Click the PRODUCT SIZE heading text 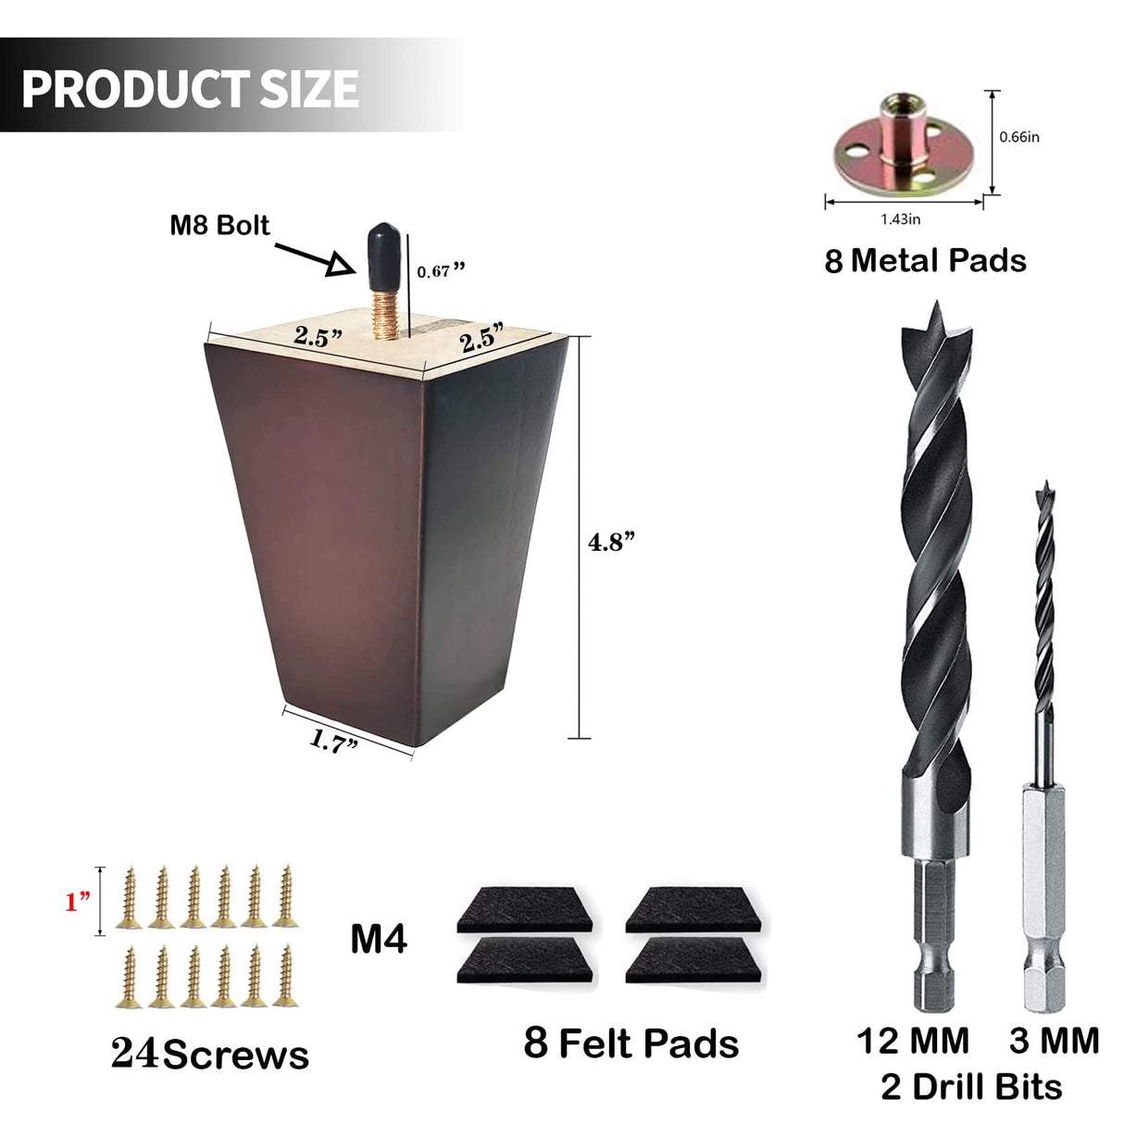190,89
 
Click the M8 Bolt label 220,226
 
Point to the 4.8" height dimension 610,542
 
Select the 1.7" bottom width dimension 333,742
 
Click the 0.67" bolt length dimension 441,270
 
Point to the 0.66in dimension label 1019,137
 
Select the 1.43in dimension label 900,219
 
